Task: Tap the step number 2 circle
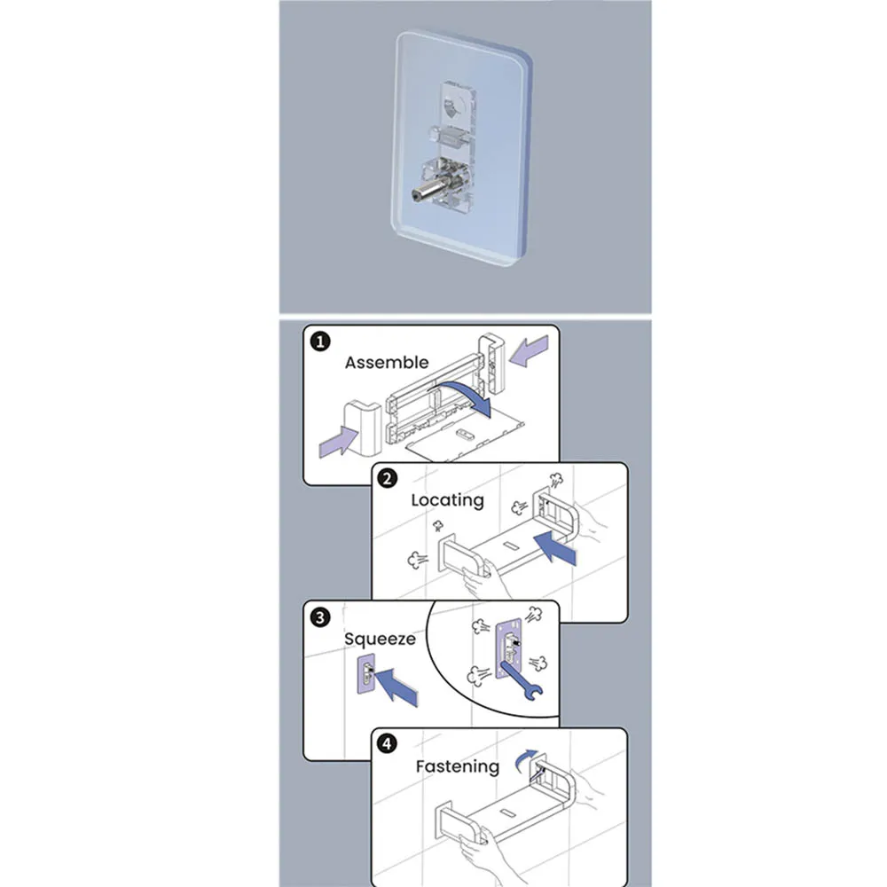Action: (388, 479)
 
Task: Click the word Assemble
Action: (386, 362)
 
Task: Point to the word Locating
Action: (447, 499)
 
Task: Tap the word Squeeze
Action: (379, 639)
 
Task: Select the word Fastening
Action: (457, 766)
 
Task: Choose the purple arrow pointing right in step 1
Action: (338, 440)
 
